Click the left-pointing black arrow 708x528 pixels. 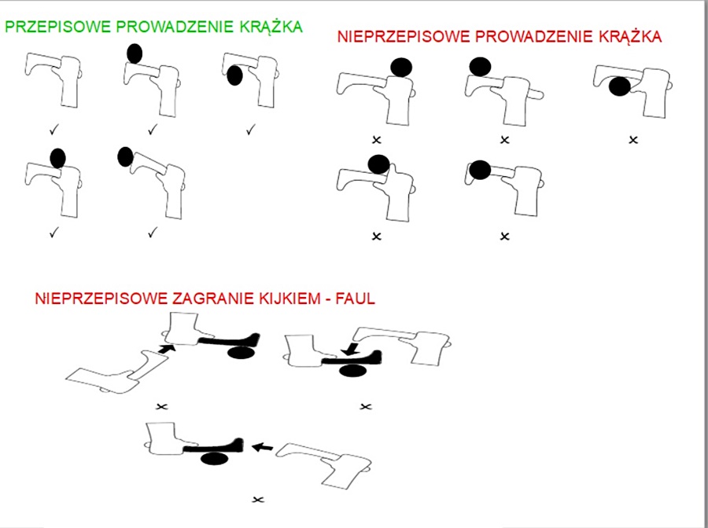pos(263,447)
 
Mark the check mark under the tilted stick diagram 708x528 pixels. pos(153,232)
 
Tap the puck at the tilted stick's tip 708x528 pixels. pos(125,156)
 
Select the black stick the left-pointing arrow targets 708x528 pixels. pos(212,447)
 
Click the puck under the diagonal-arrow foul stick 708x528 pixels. pos(239,353)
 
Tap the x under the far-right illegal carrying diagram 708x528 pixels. pos(633,140)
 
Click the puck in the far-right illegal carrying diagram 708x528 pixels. pos(619,86)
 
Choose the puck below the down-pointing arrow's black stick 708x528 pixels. pos(351,369)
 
